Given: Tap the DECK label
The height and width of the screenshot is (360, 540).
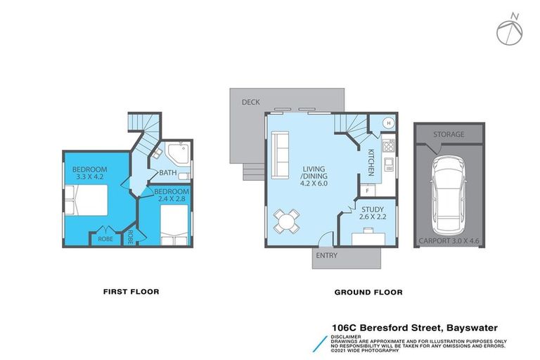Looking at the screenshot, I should (x=251, y=103).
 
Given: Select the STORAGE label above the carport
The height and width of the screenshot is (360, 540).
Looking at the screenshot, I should (x=448, y=134).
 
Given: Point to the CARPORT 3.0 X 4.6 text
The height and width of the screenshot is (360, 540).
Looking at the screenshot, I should (x=449, y=240).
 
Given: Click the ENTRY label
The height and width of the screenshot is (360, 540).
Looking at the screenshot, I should (x=327, y=255).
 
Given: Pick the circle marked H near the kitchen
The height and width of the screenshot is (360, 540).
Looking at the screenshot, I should (x=387, y=123).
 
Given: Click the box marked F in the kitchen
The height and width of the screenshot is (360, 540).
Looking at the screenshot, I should (x=368, y=190).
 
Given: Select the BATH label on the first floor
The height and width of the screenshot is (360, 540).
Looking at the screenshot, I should (x=168, y=173).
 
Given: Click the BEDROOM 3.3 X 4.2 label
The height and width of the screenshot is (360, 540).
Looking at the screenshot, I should (x=89, y=174).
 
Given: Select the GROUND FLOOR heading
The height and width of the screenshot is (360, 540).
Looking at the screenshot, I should (x=368, y=292).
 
